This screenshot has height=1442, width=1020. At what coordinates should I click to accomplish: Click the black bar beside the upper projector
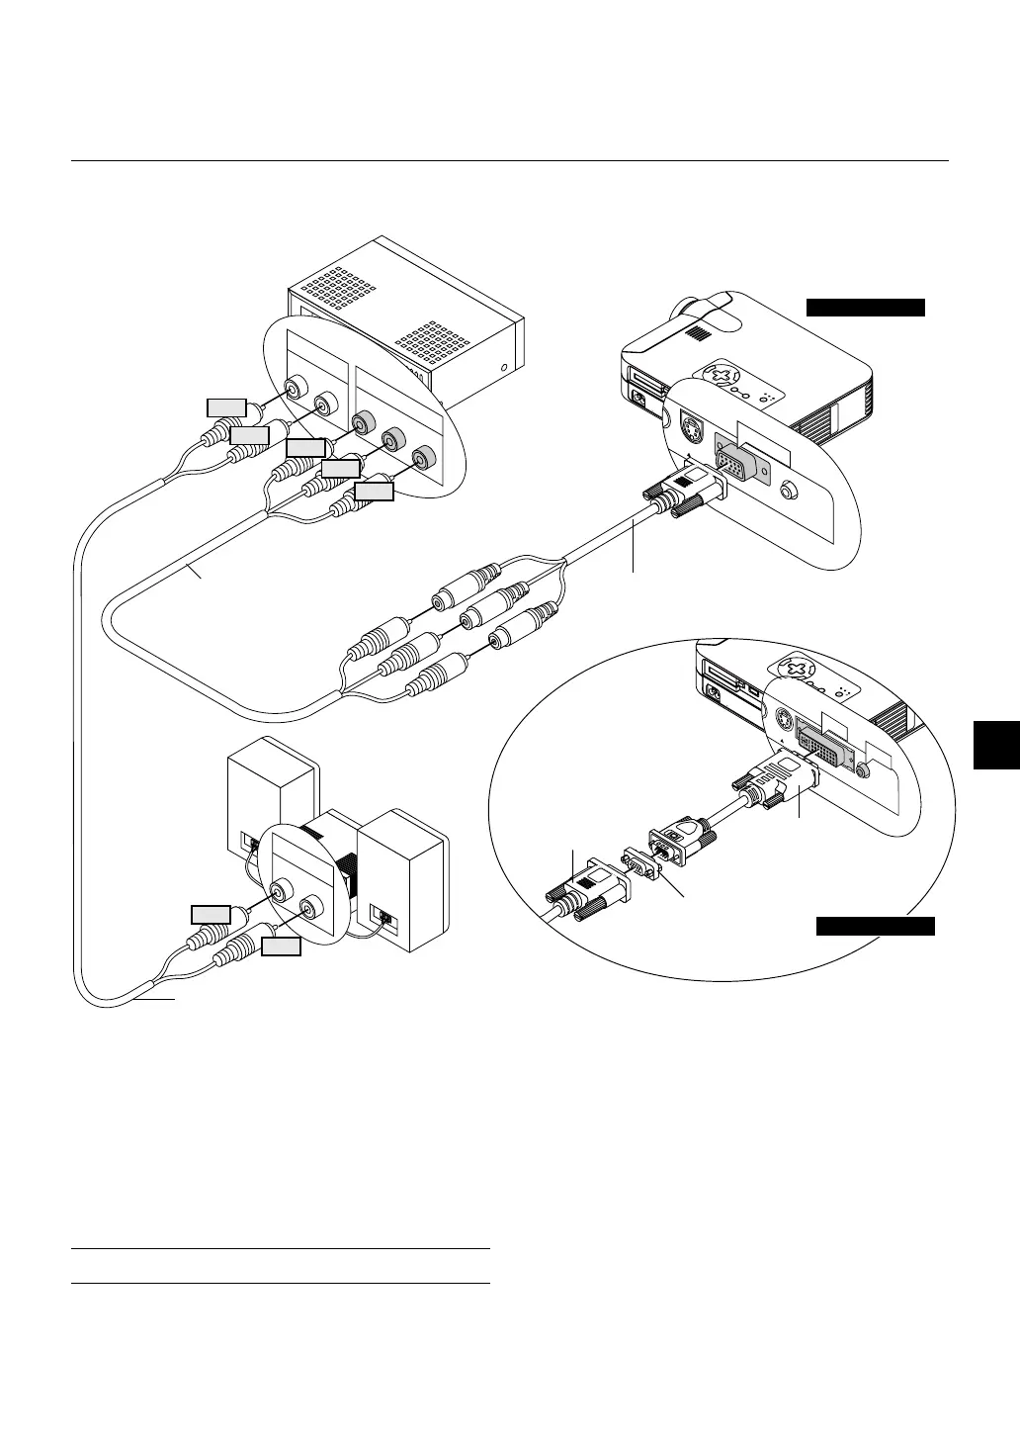coord(866,306)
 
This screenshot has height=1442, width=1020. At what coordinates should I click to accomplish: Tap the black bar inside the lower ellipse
coord(875,926)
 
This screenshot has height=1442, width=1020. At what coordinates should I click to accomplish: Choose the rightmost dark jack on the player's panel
coord(424,458)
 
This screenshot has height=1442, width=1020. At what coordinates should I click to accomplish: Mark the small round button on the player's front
coord(505,368)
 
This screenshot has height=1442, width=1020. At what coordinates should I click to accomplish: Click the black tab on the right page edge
coord(995,744)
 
